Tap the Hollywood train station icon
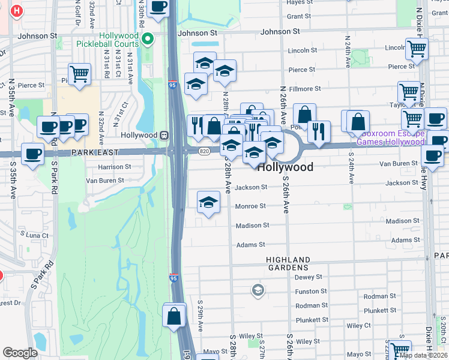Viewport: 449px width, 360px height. [x=163, y=135]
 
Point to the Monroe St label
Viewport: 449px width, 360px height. [x=250, y=206]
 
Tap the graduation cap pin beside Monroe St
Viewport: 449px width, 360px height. [x=208, y=202]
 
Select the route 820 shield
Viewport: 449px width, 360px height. [x=204, y=151]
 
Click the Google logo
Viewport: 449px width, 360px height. [x=20, y=352]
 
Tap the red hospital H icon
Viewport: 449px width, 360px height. [x=17, y=11]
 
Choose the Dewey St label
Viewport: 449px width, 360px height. [x=309, y=277]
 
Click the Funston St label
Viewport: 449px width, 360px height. [x=311, y=292]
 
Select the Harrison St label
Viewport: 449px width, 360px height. [x=110, y=167]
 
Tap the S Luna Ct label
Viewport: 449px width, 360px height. [x=34, y=235]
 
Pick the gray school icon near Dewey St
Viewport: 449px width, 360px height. [x=258, y=290]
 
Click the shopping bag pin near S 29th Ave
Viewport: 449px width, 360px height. [x=174, y=316]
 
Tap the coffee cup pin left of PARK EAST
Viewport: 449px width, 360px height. [x=33, y=154]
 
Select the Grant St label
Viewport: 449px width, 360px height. [x=299, y=16]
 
